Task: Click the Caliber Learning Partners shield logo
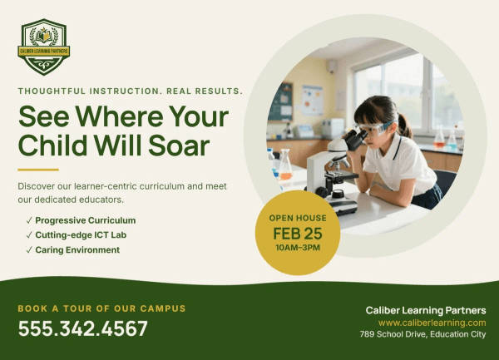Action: coord(43,47)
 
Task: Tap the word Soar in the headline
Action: coord(179,145)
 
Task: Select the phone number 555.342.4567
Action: coord(82,328)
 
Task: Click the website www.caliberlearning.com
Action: coord(432,323)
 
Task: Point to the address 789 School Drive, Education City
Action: coord(423,334)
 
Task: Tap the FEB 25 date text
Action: coord(298,234)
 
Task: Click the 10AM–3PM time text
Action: coord(298,248)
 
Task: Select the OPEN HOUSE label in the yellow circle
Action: coord(298,218)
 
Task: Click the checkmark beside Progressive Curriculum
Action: coord(29,220)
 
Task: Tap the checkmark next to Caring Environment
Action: coord(29,250)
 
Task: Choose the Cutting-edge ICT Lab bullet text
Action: coord(81,235)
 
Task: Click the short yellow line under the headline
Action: coord(38,170)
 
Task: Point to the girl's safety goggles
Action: coord(373,127)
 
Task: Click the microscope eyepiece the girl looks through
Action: coord(356,139)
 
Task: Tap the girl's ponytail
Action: coord(404,125)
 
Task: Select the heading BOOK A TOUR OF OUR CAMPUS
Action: coord(101,308)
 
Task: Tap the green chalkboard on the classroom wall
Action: coord(280,101)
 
